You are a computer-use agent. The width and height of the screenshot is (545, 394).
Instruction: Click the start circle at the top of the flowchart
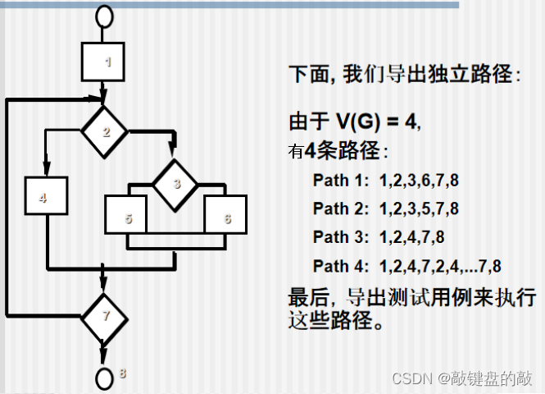[103, 15]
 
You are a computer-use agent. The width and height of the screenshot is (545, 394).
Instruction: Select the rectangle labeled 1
[103, 62]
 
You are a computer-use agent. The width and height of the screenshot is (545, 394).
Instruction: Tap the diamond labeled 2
[103, 130]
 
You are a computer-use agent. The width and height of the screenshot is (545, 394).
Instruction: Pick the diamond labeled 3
[175, 183]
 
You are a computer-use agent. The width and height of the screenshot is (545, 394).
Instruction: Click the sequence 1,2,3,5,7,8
[419, 208]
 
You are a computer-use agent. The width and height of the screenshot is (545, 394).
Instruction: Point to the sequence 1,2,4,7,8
[411, 236]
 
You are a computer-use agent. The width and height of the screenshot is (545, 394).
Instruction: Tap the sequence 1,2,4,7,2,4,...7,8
[440, 265]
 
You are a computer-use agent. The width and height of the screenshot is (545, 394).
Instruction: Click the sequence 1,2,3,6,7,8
[419, 180]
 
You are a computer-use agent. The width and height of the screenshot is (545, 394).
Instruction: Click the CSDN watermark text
[413, 378]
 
